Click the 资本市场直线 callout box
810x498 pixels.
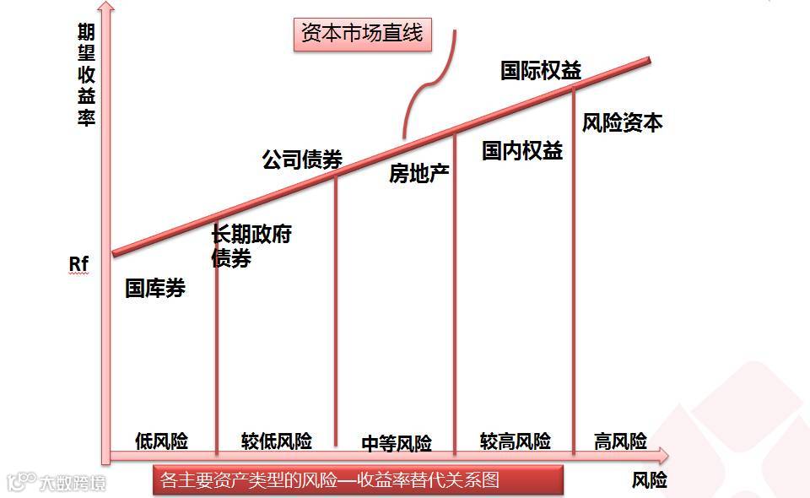click(362, 34)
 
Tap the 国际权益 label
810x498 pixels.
click(541, 70)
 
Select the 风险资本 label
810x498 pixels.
click(622, 123)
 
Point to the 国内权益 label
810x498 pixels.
click(522, 151)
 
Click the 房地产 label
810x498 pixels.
click(419, 174)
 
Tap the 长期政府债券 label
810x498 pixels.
click(250, 246)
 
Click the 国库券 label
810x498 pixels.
click(155, 288)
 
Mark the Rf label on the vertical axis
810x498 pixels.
click(78, 265)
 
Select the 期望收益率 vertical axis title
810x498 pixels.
click(86, 74)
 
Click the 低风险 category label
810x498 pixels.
click(161, 441)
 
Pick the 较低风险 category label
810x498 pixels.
click(277, 441)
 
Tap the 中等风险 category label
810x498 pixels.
click(397, 443)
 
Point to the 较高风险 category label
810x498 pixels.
click(516, 441)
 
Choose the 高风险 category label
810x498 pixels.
click(620, 441)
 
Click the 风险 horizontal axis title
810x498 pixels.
click(649, 480)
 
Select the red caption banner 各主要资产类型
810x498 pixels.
click(359, 480)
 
